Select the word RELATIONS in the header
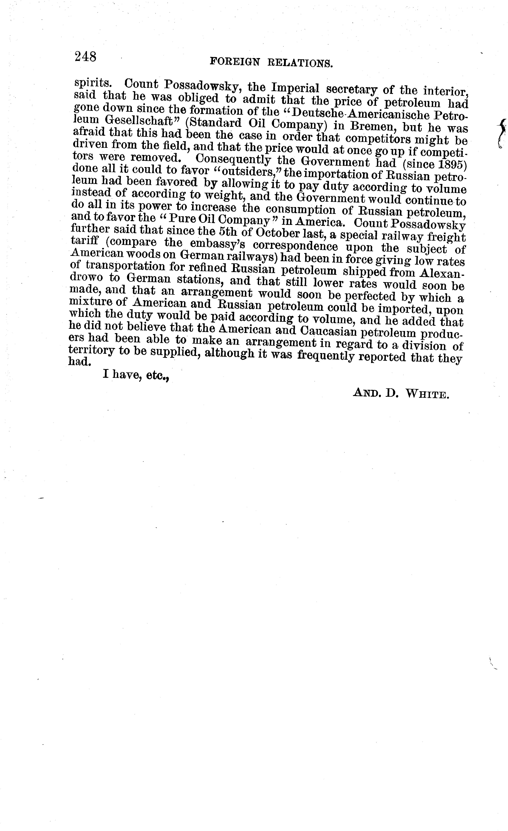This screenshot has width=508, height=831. (x=300, y=63)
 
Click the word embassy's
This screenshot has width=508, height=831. (x=225, y=244)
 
